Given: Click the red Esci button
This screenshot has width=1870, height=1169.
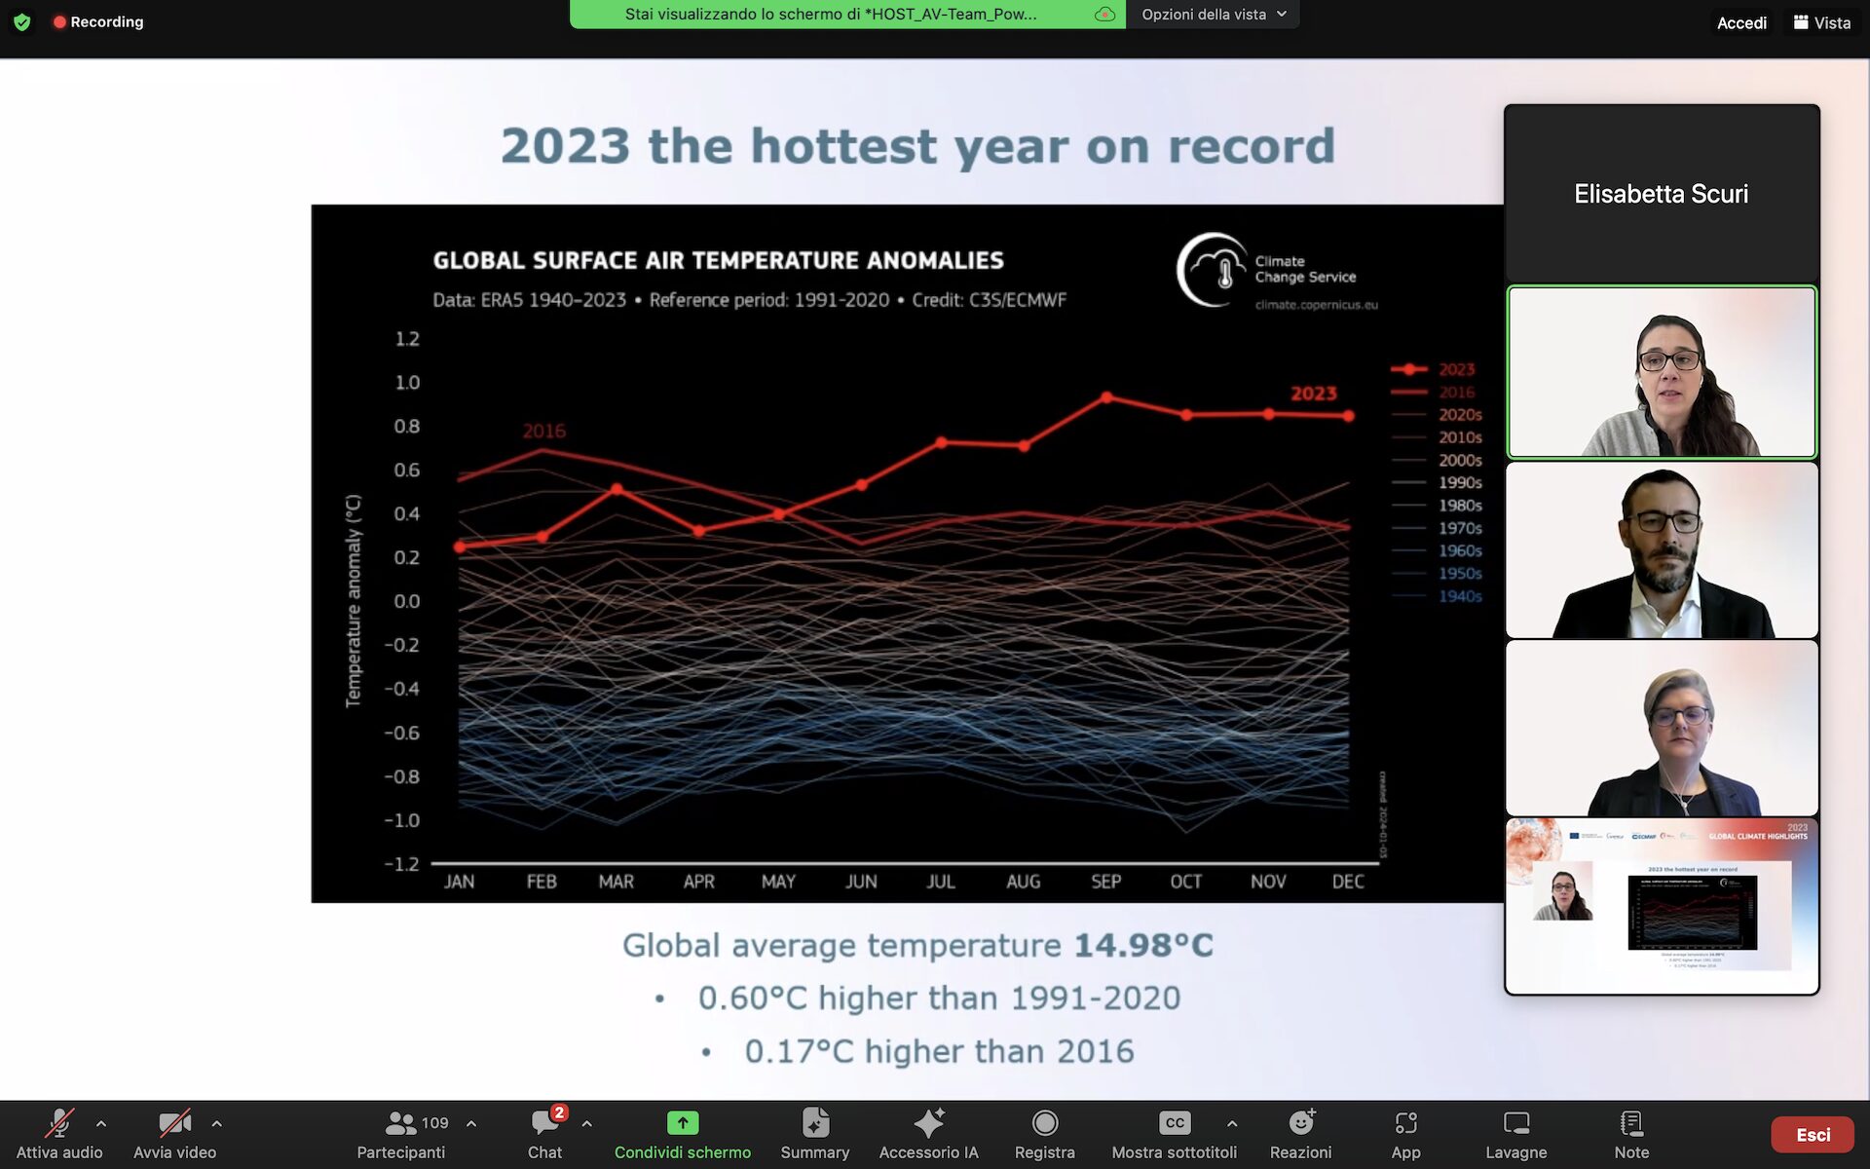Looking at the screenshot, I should pyautogui.click(x=1812, y=1135).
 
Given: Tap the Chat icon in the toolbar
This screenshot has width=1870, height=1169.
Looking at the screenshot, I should pyautogui.click(x=544, y=1124).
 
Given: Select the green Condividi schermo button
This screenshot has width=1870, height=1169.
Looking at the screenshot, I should pyautogui.click(x=682, y=1124).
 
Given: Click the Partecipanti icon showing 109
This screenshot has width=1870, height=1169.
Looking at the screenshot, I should pyautogui.click(x=401, y=1124).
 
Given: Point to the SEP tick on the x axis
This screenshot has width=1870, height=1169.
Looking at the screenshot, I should pyautogui.click(x=1105, y=882).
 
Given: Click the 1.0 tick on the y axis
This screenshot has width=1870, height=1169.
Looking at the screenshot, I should pyautogui.click(x=407, y=383).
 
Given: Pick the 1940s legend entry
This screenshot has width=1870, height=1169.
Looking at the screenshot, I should pyautogui.click(x=1460, y=596).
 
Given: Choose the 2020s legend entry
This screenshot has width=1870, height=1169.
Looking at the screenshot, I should pyautogui.click(x=1460, y=415).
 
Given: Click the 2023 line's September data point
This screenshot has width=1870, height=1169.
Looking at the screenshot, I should pyautogui.click(x=1106, y=397).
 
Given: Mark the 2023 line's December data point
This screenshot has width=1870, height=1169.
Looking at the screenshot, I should pyautogui.click(x=1349, y=416).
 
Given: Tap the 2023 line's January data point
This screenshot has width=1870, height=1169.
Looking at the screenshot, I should pyautogui.click(x=460, y=547).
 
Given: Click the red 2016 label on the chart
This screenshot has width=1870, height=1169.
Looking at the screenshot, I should pyautogui.click(x=543, y=431).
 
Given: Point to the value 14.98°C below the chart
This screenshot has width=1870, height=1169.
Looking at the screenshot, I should pyautogui.click(x=1143, y=945).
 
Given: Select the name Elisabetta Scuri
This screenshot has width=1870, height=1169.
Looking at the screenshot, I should pyautogui.click(x=1661, y=194).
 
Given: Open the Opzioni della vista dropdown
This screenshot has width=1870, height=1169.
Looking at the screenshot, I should pyautogui.click(x=1214, y=15).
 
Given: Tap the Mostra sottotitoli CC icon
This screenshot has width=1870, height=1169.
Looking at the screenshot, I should pyautogui.click(x=1175, y=1124).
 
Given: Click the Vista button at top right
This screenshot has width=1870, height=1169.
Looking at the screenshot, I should pyautogui.click(x=1821, y=22).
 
